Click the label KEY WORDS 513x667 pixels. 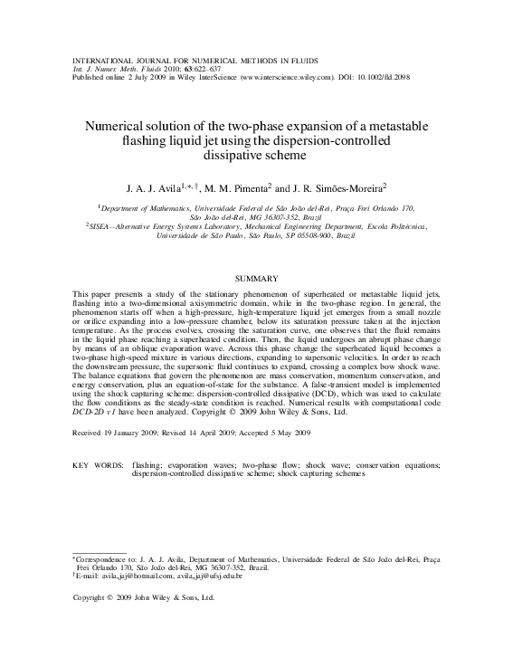[98, 464]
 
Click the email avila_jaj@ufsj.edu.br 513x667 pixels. [209, 576]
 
